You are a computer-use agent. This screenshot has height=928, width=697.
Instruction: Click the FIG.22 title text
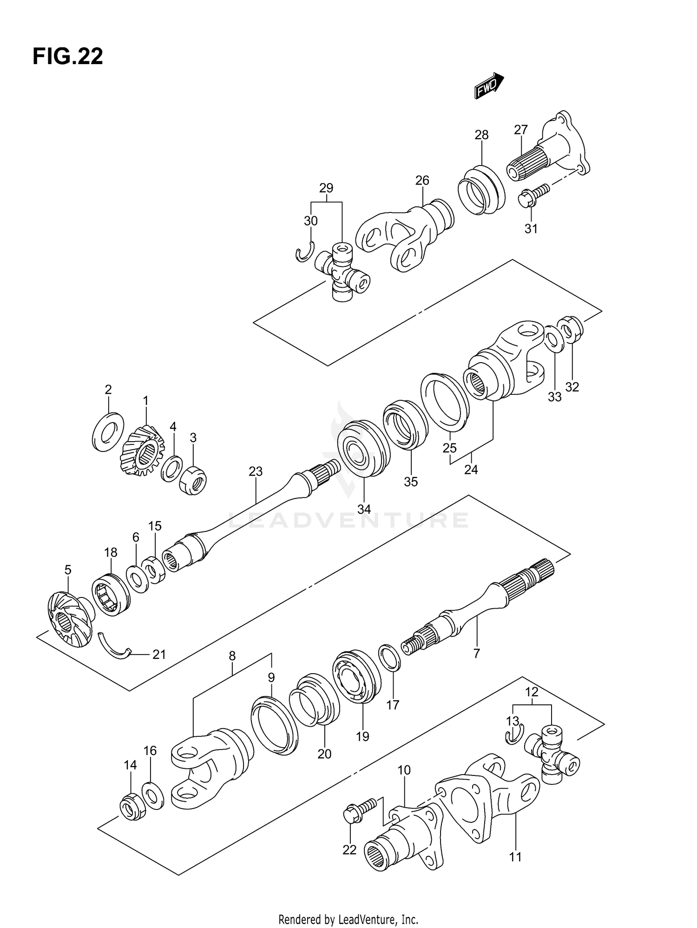(68, 57)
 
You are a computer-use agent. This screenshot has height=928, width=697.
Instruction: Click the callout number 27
(521, 130)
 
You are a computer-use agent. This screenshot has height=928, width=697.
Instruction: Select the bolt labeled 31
(533, 194)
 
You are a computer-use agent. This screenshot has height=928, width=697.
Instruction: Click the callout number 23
(256, 471)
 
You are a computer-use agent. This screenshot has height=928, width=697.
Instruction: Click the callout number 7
(476, 653)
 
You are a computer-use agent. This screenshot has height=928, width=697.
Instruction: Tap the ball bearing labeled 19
(356, 676)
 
